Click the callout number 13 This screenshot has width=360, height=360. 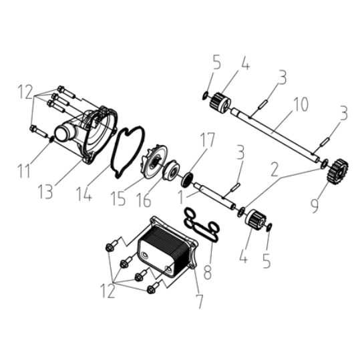click(x=45, y=192)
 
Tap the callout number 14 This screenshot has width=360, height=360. click(x=84, y=194)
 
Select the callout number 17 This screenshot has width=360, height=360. click(x=207, y=140)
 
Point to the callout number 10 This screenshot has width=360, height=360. click(x=301, y=104)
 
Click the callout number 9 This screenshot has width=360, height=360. click(x=315, y=205)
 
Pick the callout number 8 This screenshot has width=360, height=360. click(x=208, y=271)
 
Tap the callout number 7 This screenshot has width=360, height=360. click(x=199, y=301)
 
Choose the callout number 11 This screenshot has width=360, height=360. click(x=23, y=170)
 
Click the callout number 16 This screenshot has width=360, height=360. click(x=144, y=200)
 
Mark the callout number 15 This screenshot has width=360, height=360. click(x=118, y=198)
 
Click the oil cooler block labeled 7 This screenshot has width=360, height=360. click(x=167, y=246)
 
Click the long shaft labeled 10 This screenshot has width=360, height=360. click(x=275, y=135)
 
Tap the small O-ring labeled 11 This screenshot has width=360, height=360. click(x=51, y=139)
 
